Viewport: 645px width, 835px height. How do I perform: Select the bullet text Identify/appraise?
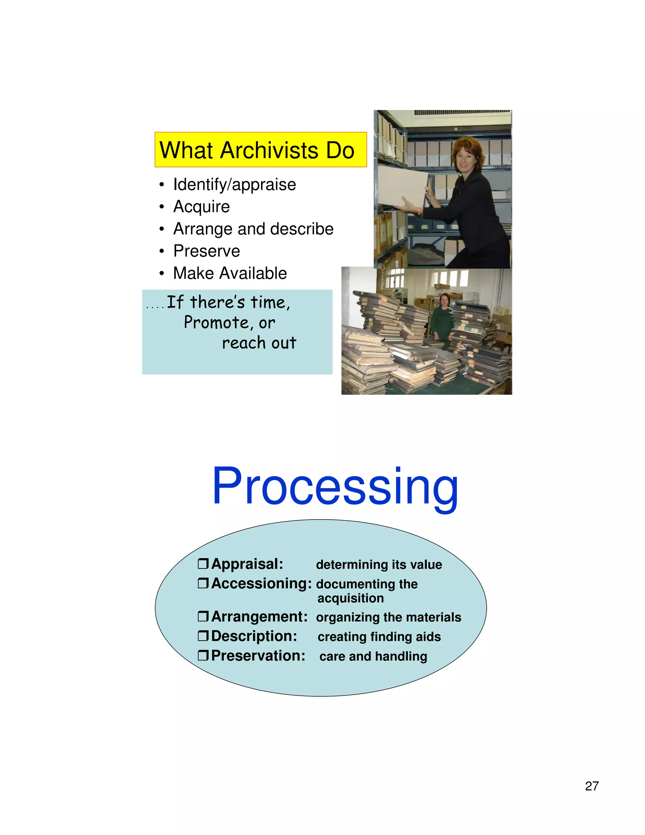(x=234, y=185)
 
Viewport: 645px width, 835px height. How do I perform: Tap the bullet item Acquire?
(x=201, y=207)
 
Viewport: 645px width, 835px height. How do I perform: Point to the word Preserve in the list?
(x=206, y=251)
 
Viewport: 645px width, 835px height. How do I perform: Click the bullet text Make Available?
(x=230, y=274)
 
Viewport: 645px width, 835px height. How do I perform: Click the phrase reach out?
(x=259, y=343)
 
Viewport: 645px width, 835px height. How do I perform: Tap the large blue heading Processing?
(x=335, y=487)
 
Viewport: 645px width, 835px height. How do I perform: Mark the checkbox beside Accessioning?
(x=203, y=583)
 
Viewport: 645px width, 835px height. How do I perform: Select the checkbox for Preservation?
(x=203, y=655)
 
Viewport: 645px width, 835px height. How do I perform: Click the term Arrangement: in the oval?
(x=259, y=617)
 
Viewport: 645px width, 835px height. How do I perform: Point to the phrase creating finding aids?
(x=379, y=636)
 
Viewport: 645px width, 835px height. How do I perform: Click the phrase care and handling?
(x=373, y=656)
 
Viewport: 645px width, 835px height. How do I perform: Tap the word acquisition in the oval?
(x=351, y=598)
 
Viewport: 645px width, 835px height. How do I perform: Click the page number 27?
(x=591, y=786)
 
